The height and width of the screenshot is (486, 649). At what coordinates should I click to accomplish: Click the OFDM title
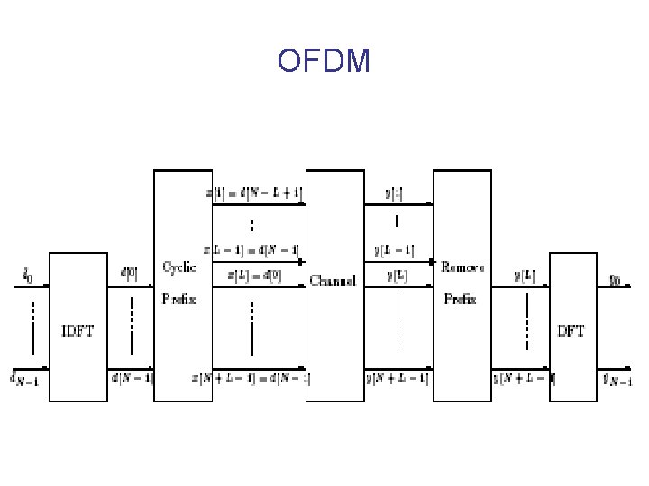[324, 61]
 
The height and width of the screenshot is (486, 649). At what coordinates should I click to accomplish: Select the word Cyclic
[178, 267]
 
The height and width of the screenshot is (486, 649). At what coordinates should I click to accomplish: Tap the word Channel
[333, 280]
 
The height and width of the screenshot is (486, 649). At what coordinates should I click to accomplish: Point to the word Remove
[462, 267]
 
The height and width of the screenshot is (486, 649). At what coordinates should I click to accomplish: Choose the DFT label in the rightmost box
[571, 330]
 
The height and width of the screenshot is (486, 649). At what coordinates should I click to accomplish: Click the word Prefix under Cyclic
[178, 298]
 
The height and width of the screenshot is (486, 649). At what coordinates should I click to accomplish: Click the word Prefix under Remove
[461, 298]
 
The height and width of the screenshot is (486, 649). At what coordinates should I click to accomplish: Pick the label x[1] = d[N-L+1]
[254, 193]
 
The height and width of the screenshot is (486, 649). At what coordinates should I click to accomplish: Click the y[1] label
[394, 193]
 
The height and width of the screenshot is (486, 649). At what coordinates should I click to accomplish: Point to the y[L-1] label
[394, 249]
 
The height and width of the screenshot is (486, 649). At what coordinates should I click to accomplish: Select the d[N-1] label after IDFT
[132, 378]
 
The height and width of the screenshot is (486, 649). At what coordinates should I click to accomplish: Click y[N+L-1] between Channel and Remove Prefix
[398, 378]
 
